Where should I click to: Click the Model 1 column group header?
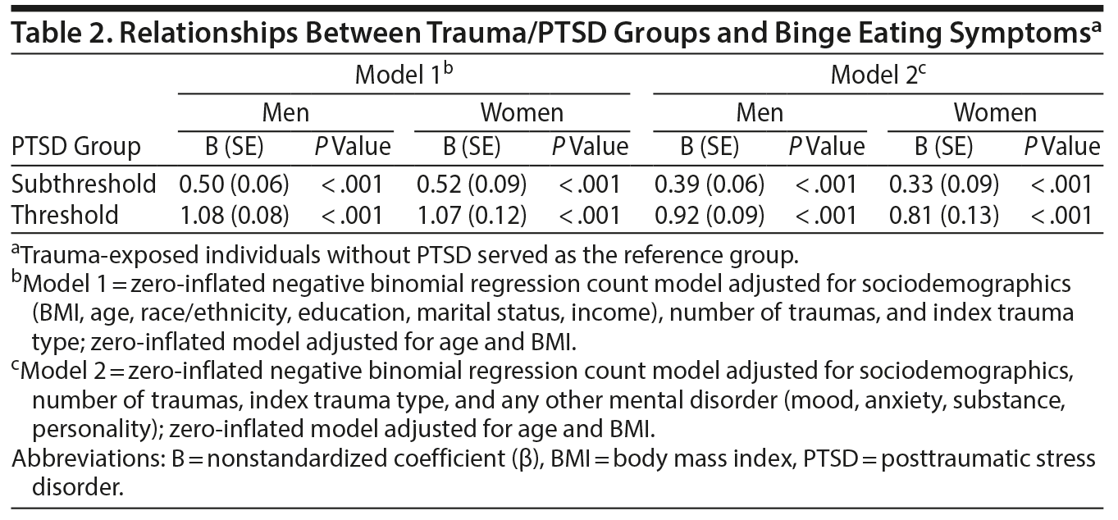click(x=403, y=75)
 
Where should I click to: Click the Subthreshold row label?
click(x=84, y=184)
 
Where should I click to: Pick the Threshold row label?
click(x=66, y=215)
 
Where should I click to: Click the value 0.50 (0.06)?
click(x=234, y=184)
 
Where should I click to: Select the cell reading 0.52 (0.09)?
click(x=472, y=184)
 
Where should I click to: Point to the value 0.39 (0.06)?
click(x=710, y=184)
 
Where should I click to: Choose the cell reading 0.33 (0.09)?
click(x=944, y=184)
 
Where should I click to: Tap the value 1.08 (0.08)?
click(x=234, y=215)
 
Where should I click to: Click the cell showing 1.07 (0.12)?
click(x=472, y=215)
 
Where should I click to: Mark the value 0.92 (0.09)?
click(x=710, y=215)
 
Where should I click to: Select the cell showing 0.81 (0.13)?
click(x=944, y=215)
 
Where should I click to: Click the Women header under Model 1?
click(x=522, y=112)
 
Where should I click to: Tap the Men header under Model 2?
click(x=760, y=112)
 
